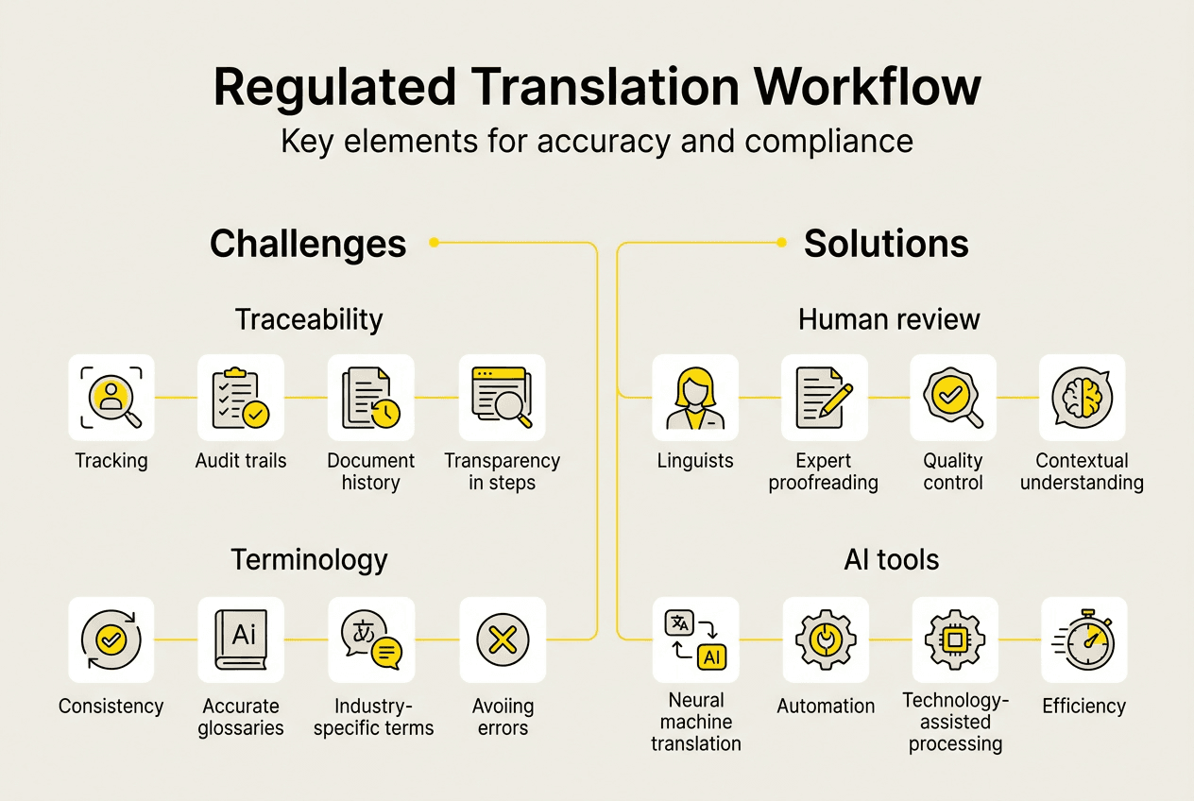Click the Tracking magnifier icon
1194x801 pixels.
click(x=111, y=398)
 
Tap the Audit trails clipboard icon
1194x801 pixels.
click(x=241, y=398)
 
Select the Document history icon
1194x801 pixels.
click(x=370, y=398)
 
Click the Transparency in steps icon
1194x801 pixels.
click(x=502, y=398)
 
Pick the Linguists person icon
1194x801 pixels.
click(x=695, y=398)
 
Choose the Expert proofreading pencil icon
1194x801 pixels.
click(x=825, y=398)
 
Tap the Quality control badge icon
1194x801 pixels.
click(x=953, y=398)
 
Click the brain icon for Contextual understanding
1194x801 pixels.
click(x=1083, y=398)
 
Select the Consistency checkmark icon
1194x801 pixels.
click(x=111, y=640)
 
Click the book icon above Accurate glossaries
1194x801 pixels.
click(x=241, y=640)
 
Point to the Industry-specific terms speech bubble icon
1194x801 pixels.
click(x=370, y=640)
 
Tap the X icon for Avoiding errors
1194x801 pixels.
click(x=502, y=640)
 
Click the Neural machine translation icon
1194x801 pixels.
click(x=695, y=640)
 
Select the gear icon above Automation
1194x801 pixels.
click(x=825, y=640)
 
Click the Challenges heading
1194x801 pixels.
click(x=308, y=244)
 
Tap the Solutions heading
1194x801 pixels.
click(x=886, y=244)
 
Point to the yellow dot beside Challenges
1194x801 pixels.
click(x=434, y=243)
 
